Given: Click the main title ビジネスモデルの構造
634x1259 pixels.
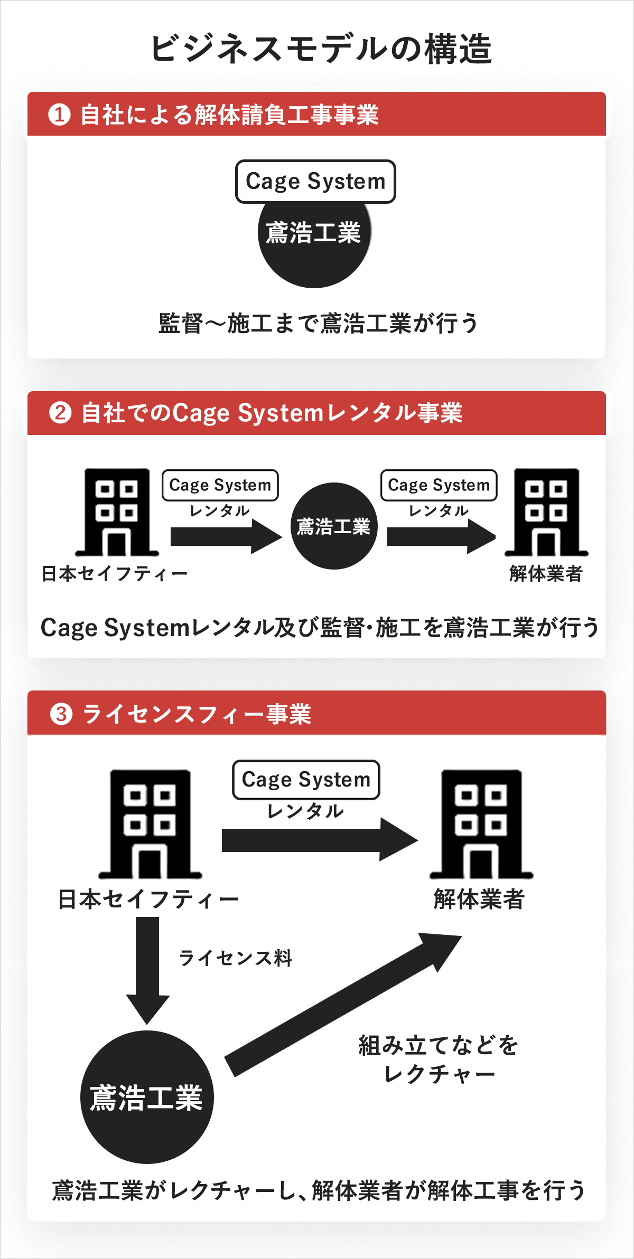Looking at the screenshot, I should [x=321, y=49].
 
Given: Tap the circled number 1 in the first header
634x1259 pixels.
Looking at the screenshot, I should [x=59, y=115].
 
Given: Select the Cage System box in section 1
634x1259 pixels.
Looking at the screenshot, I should [x=315, y=182].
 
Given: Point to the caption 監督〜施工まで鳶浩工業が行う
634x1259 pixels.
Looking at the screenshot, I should [x=318, y=323].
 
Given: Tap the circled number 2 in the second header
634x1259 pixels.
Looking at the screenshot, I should [x=60, y=412].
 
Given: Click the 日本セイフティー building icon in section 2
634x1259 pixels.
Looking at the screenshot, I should [x=117, y=512].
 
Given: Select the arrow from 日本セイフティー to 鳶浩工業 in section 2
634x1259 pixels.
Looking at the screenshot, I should [x=226, y=536].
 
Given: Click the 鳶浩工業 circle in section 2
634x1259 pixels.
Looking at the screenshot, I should [x=334, y=526].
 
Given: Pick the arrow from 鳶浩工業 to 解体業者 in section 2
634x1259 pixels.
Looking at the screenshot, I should [x=441, y=536].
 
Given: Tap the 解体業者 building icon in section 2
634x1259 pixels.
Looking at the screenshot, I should [x=546, y=512].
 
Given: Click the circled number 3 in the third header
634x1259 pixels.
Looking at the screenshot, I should [x=61, y=714].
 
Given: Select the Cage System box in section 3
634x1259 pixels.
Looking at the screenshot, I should [x=306, y=780].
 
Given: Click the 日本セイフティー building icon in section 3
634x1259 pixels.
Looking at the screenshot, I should [x=150, y=823].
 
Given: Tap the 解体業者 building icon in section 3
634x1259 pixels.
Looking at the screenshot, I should [x=481, y=823].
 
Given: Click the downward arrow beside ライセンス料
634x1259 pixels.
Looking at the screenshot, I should [x=147, y=969].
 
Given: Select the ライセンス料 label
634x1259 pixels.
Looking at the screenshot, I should [x=236, y=958].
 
